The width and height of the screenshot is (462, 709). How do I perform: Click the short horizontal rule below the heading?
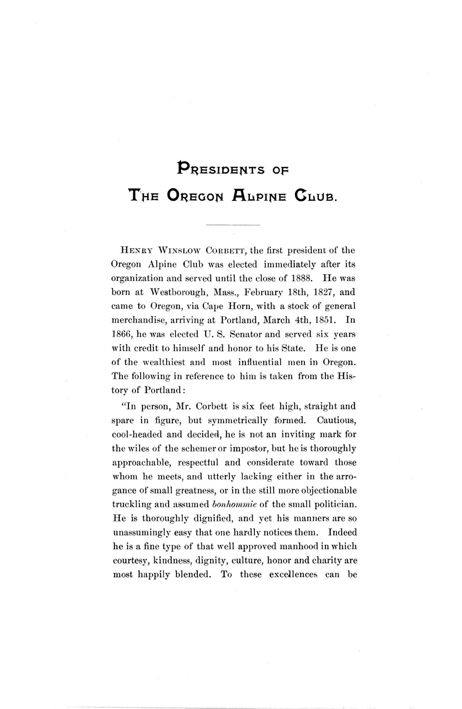click(x=233, y=225)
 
